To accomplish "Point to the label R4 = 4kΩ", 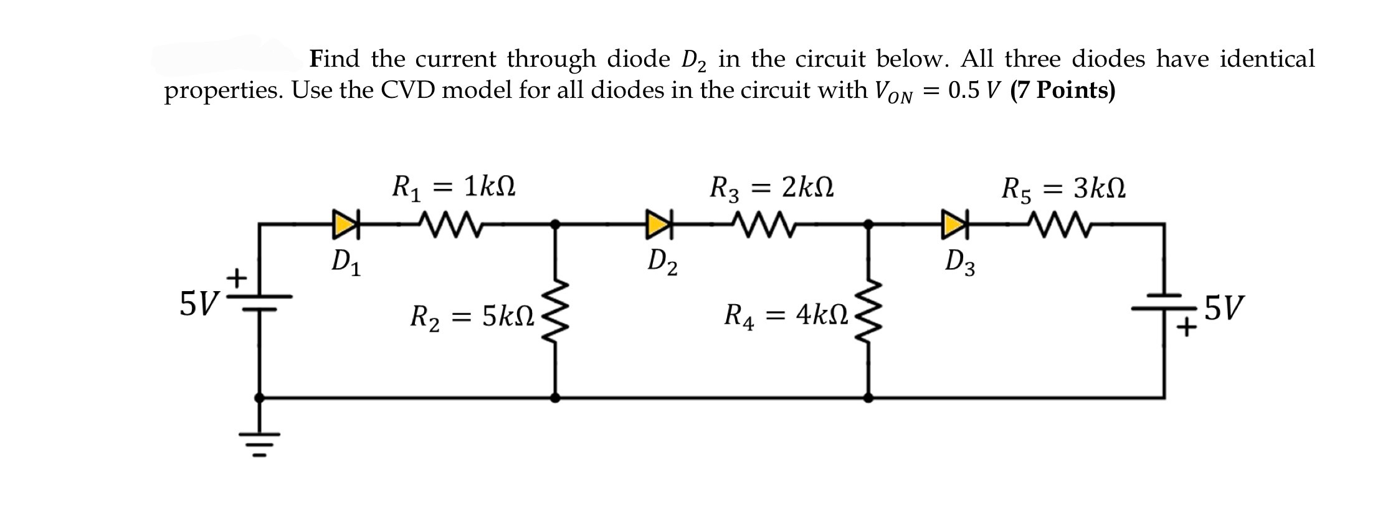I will click(x=786, y=316).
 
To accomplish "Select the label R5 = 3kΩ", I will click(x=1063, y=188).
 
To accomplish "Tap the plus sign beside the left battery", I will click(x=237, y=277).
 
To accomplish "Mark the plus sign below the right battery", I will click(x=1187, y=327).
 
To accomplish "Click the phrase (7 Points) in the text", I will click(x=1063, y=90).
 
